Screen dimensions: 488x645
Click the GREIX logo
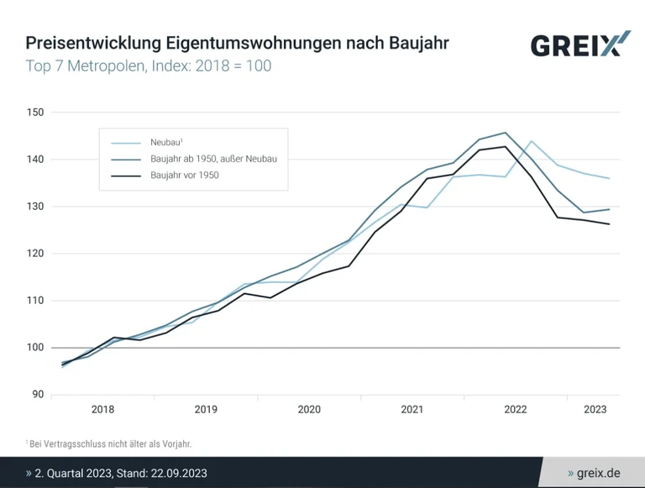click(x=579, y=44)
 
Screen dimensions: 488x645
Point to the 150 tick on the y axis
click(x=34, y=113)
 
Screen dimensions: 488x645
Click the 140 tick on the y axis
click(x=34, y=160)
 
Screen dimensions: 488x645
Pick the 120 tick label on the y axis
click(x=34, y=254)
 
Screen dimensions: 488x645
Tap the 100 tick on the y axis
click(x=34, y=348)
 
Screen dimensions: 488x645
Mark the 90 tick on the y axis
click(x=37, y=395)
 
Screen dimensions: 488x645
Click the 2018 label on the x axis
click(x=102, y=410)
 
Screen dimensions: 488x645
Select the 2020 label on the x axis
click(x=309, y=410)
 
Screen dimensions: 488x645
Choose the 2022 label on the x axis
click(x=515, y=410)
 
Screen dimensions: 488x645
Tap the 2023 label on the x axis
click(x=595, y=410)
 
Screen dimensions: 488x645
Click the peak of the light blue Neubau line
click(x=532, y=141)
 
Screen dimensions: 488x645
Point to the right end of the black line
click(x=609, y=224)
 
